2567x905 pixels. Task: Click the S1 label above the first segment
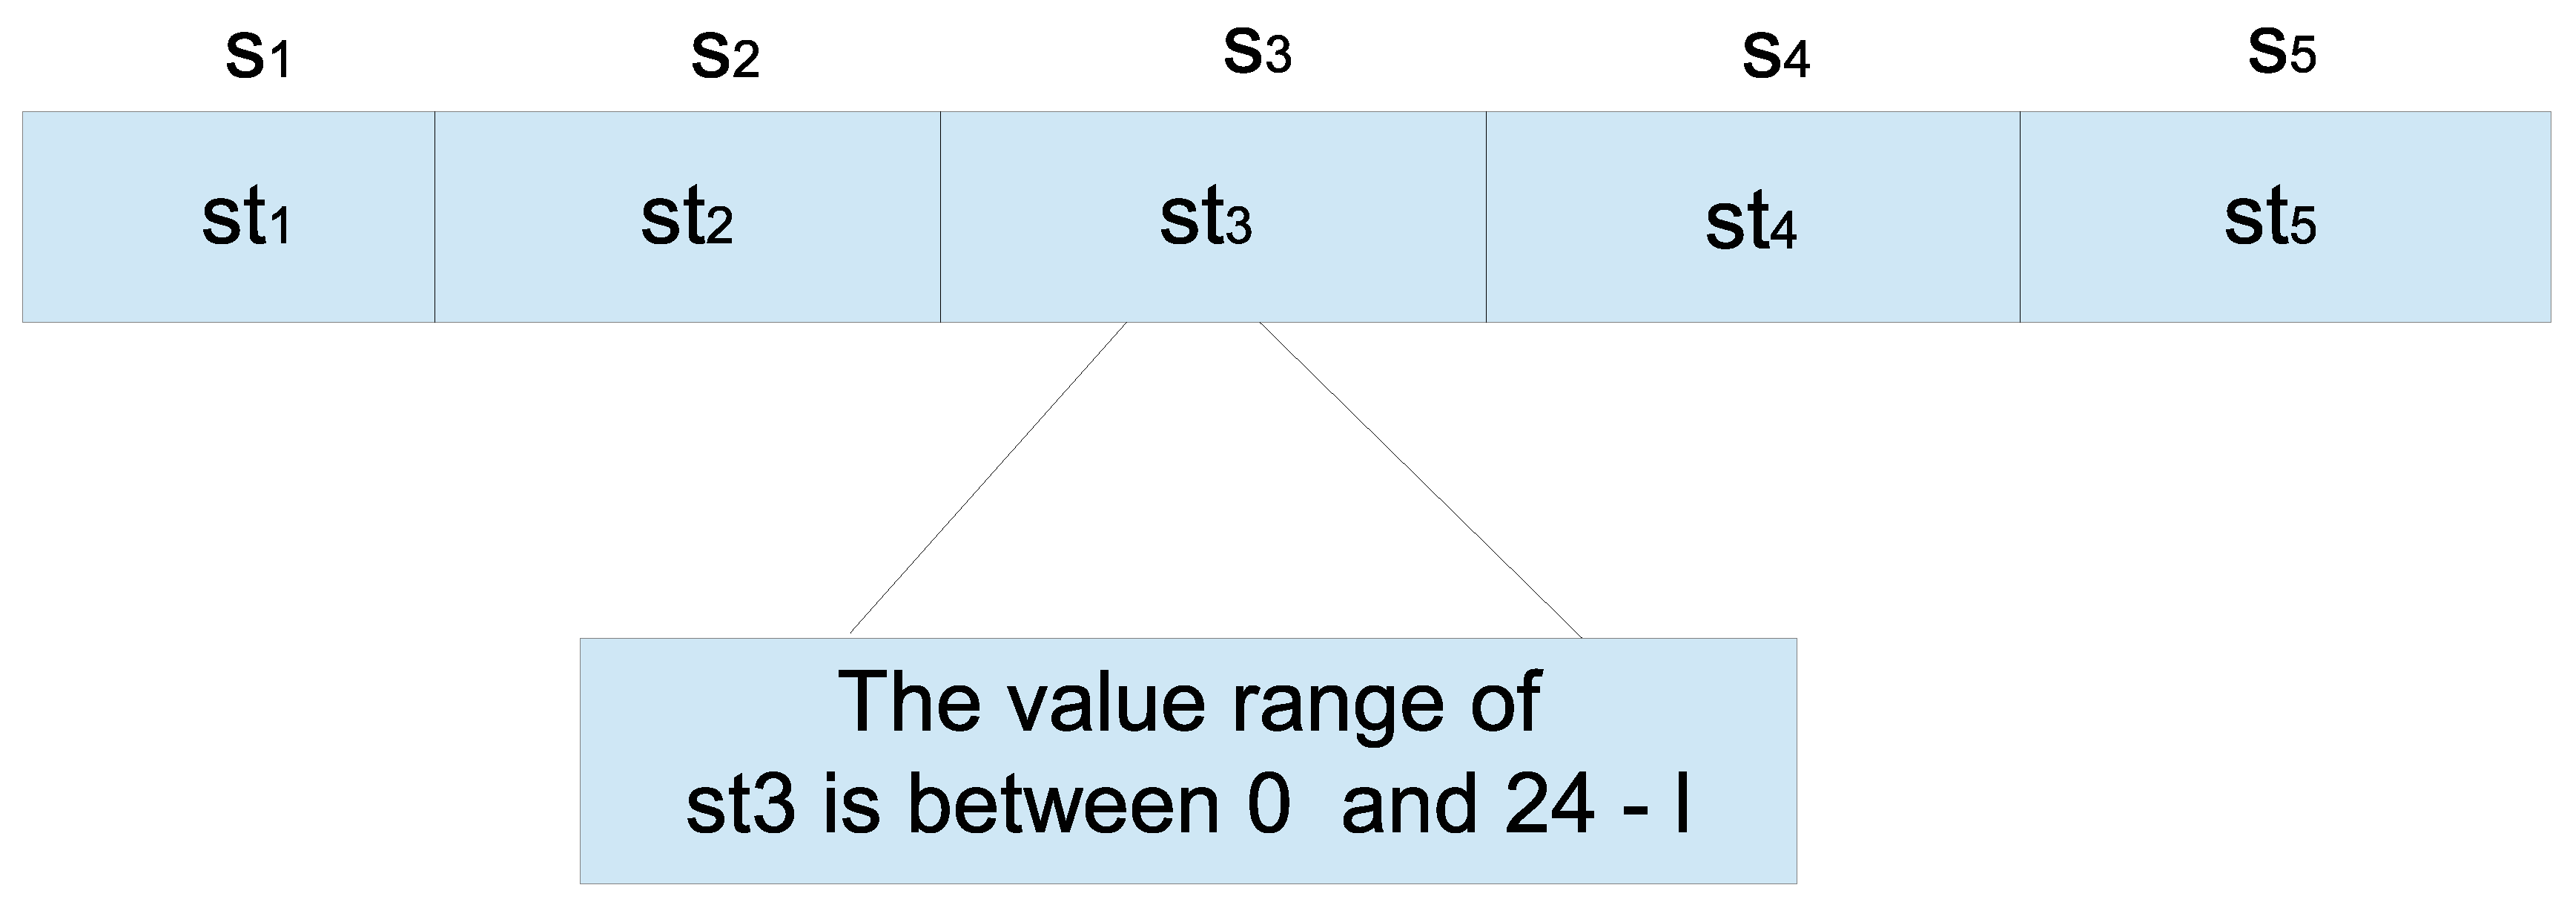[x=257, y=57]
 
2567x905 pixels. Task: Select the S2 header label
[x=724, y=57]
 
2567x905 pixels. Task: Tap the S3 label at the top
[x=1257, y=52]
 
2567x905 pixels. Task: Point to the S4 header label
[x=1775, y=57]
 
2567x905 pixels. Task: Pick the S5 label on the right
[x=2281, y=52]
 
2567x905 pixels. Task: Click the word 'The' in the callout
[x=909, y=702]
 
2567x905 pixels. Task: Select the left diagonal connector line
[x=988, y=478]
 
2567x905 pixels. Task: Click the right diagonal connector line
[x=1420, y=478]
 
